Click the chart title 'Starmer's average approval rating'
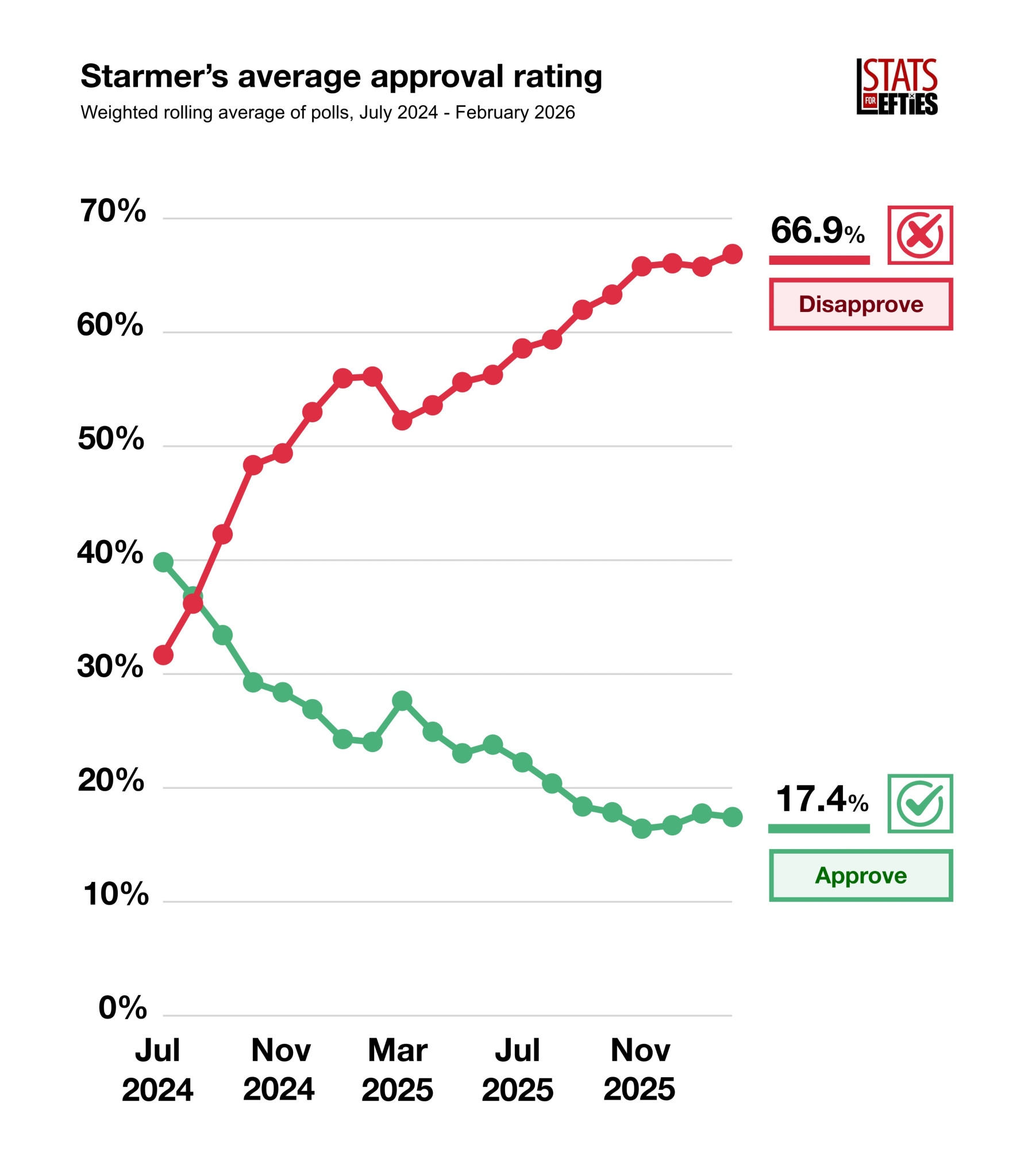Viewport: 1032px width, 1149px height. (341, 76)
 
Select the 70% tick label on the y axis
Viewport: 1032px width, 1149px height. (113, 211)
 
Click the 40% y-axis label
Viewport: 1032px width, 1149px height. (110, 552)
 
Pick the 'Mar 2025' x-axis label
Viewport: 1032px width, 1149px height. (397, 1069)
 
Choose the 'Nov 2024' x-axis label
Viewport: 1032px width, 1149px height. (279, 1069)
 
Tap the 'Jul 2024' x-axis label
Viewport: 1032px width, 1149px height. (157, 1069)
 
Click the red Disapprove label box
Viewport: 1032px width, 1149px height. (860, 304)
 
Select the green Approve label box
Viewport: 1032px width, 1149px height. (860, 875)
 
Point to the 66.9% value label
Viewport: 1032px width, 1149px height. (817, 231)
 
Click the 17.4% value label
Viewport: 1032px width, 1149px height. (821, 799)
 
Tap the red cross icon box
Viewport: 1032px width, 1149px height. (919, 235)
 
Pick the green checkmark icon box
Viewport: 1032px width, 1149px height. (919, 803)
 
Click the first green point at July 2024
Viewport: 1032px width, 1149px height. (163, 562)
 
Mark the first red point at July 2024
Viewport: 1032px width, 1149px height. (163, 655)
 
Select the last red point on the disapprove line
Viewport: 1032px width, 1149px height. (732, 254)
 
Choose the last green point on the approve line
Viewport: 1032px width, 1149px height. (732, 816)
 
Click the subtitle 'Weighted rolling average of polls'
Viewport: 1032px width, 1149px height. (328, 113)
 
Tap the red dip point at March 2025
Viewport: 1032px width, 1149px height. (402, 421)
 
